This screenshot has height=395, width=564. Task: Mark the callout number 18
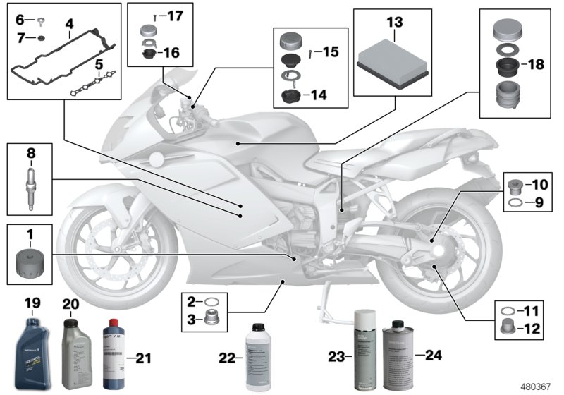[x=535, y=65]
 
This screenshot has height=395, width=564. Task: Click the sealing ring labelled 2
[x=211, y=302]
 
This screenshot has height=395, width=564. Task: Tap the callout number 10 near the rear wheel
[x=539, y=186]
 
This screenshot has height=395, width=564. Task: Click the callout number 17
[x=174, y=15]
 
